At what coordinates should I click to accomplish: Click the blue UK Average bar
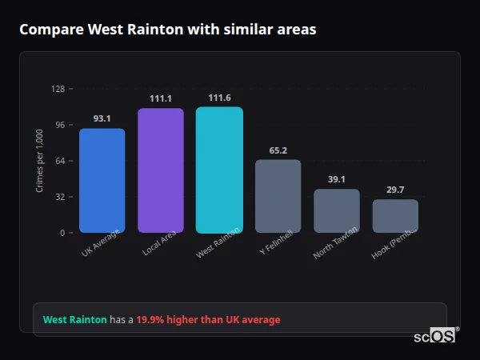[102, 181]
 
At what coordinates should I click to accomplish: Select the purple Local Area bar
[161, 170]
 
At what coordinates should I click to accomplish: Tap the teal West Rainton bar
[219, 170]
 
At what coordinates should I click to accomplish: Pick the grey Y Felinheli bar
[278, 196]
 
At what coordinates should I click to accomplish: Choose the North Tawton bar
[337, 210]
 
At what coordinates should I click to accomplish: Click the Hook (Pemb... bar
[395, 216]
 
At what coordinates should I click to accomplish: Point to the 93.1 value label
[102, 118]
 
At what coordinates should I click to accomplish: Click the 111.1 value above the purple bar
[161, 98]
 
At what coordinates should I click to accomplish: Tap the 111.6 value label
[219, 98]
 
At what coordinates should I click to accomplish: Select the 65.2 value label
[278, 150]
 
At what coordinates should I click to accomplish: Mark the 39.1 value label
[337, 179]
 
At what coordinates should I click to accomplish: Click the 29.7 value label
[395, 190]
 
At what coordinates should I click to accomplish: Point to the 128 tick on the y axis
[58, 89]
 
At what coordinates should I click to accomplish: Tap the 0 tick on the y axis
[62, 233]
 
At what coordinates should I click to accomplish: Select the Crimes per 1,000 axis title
[40, 160]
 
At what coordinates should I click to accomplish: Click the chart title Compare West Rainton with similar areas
[168, 30]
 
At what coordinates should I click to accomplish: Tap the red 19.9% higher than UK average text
[208, 320]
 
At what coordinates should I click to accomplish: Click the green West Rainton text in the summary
[74, 320]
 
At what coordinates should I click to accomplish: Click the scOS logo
[435, 337]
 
